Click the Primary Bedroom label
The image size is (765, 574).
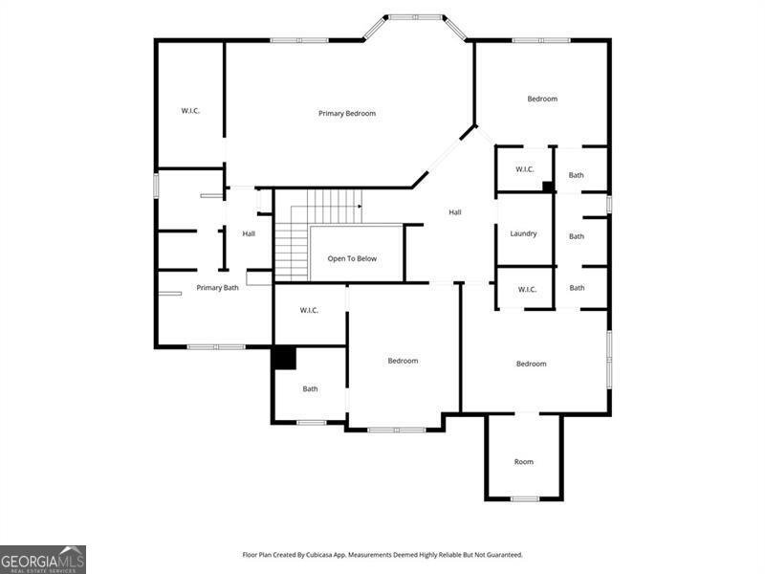(347, 113)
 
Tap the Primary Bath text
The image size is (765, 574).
(218, 288)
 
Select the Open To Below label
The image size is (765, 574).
(352, 258)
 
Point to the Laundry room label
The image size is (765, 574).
(523, 233)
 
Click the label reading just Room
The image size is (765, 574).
(523, 462)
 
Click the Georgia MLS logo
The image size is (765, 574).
(43, 560)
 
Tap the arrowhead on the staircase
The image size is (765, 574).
(361, 207)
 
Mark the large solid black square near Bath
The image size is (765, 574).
(284, 358)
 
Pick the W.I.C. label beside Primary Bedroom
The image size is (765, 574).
(190, 111)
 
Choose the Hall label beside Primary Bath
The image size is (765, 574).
(249, 233)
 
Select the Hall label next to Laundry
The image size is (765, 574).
(455, 212)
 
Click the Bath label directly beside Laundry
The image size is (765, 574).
(577, 236)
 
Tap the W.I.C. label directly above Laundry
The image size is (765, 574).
(524, 169)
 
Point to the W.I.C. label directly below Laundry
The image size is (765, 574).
(527, 290)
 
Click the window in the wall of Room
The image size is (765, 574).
(525, 498)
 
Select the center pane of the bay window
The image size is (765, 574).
(415, 17)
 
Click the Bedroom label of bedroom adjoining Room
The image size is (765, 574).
(532, 364)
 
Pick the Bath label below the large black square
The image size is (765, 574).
(310, 389)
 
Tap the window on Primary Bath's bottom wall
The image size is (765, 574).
(216, 347)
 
